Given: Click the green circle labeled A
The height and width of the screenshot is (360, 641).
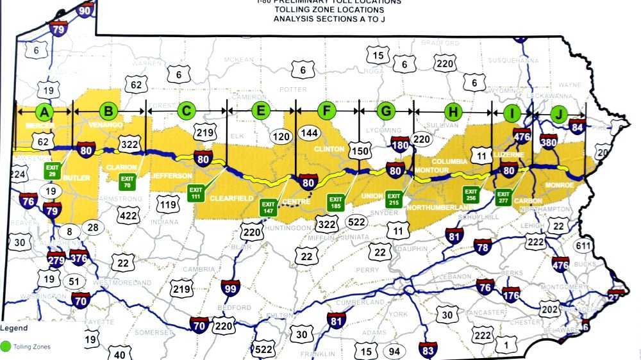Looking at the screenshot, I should coord(44,112).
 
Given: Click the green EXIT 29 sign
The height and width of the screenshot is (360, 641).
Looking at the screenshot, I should coord(52,170).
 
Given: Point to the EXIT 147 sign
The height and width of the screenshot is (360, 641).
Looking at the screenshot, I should coord(268,207).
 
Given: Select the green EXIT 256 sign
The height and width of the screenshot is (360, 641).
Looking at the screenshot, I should coord(471,193).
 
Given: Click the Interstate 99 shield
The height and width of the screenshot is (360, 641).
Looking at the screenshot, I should coord(230,288).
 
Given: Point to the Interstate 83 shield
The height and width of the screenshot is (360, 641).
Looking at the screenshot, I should coord(428,350).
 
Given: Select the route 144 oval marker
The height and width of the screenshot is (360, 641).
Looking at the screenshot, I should coord(310,133).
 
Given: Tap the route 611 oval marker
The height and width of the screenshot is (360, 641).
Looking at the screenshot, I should coord(583,247).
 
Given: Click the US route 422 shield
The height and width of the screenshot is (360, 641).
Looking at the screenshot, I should coord(128,216).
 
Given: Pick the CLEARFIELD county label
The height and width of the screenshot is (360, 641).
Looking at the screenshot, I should coord(232,199).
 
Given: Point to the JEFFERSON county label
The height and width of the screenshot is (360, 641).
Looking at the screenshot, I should coord(172,176).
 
